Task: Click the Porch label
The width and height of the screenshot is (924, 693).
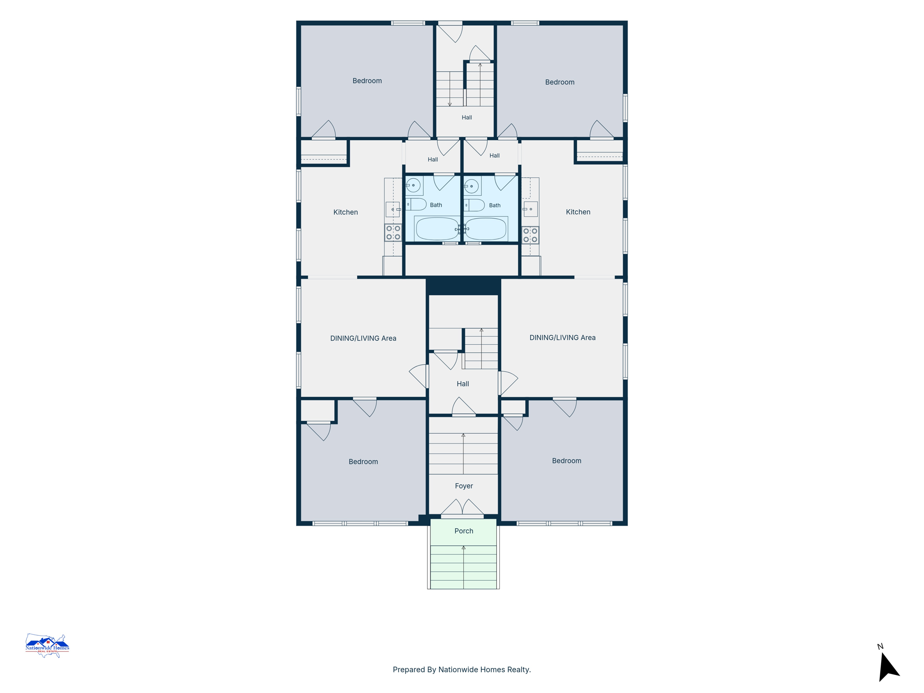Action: click(463, 531)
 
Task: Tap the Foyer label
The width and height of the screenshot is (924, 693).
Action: click(464, 486)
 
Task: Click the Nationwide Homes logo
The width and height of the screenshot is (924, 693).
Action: click(47, 646)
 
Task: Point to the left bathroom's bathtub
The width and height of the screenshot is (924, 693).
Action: click(437, 229)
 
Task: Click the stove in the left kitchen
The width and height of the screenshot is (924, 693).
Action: click(393, 233)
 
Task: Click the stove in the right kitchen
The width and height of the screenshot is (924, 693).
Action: click(530, 235)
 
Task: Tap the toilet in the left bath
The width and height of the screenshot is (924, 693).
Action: click(416, 204)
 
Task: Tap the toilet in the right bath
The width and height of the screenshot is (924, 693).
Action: click(474, 205)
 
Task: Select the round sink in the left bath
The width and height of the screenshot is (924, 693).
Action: click(413, 185)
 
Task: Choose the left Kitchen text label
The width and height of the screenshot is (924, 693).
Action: click(346, 212)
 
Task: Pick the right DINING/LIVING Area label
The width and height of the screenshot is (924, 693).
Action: click(562, 337)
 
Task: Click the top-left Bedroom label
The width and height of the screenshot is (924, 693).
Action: click(367, 81)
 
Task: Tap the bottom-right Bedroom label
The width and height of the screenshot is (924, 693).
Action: click(566, 461)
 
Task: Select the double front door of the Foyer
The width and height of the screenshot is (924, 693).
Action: click(462, 508)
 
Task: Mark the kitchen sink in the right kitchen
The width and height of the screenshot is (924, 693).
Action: click(531, 209)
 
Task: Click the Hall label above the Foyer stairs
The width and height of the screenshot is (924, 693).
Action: click(462, 384)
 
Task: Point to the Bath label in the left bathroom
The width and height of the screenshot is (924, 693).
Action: click(436, 205)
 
